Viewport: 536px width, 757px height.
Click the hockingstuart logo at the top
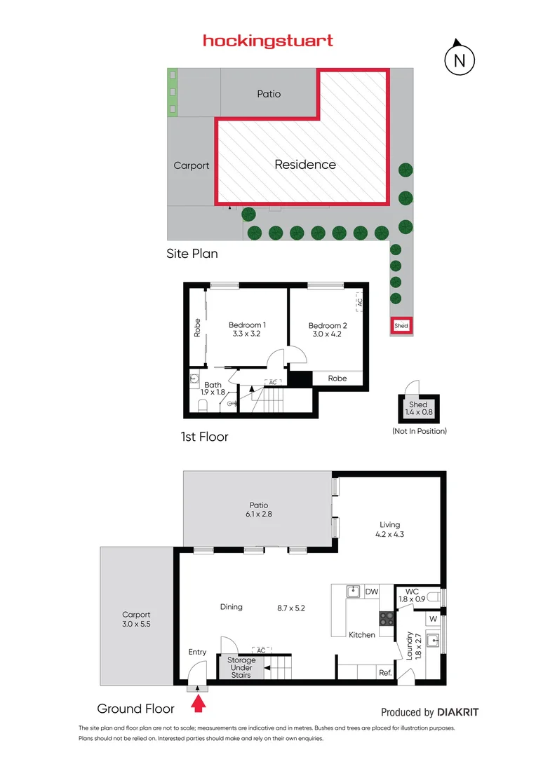coord(268,41)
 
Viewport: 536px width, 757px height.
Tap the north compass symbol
coord(460,60)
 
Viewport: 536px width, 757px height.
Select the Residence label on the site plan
coord(305,165)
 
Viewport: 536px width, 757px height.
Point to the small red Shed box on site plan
coord(401,326)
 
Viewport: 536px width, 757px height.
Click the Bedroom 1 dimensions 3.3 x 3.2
coord(247,334)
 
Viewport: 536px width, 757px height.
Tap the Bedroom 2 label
coord(328,325)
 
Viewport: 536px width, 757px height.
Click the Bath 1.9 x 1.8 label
coord(213,389)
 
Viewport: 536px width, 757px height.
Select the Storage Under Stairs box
coord(241,667)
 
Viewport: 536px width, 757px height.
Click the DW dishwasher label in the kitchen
coord(372,592)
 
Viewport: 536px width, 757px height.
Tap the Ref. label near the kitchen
coord(385,672)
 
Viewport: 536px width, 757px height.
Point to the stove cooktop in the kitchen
coord(387,618)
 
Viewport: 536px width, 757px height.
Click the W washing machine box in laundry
coord(433,619)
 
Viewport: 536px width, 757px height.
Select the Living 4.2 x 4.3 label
coord(389,529)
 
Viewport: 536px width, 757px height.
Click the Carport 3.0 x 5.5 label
coord(137,619)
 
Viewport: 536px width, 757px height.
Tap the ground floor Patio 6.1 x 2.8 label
coord(258,510)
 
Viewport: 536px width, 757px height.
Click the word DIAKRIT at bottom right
coord(457,712)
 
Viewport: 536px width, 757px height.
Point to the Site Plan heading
coord(192,254)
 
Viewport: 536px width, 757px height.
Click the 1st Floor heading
coord(204,437)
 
